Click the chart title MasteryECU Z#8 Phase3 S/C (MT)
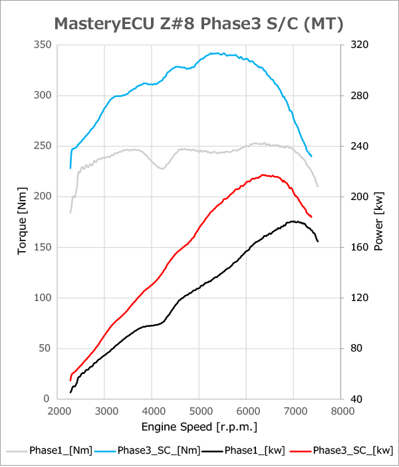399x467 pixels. pyautogui.click(x=198, y=25)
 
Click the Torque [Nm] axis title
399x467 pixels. pyautogui.click(x=23, y=222)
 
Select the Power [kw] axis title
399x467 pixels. pyautogui.click(x=378, y=222)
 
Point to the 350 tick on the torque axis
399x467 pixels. pyautogui.click(x=41, y=45)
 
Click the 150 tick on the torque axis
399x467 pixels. pyautogui.click(x=41, y=247)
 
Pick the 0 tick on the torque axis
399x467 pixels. pyautogui.click(x=47, y=399)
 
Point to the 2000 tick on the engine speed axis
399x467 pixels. pyautogui.click(x=59, y=411)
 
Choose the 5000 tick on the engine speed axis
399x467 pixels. pyautogui.click(x=200, y=411)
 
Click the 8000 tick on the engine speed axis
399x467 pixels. pyautogui.click(x=341, y=411)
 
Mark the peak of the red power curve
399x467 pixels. pyautogui.click(x=264, y=175)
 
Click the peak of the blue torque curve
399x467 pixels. pyautogui.click(x=214, y=53)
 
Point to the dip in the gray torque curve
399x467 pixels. pyautogui.click(x=161, y=168)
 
